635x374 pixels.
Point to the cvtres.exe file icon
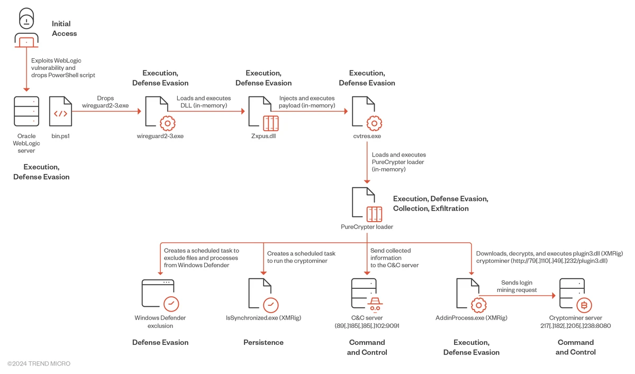[x=367, y=113]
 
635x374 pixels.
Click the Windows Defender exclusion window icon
[x=160, y=295]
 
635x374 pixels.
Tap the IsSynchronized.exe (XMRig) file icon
[x=264, y=295]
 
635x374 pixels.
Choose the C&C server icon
[x=367, y=295]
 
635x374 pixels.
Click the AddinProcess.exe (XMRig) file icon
[x=471, y=295]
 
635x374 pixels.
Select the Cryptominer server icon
[x=575, y=295]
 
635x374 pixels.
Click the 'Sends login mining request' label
[x=516, y=286]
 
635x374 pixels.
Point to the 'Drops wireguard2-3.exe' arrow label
[x=105, y=102]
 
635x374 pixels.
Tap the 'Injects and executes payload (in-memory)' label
[x=307, y=102]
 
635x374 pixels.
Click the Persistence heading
[x=264, y=343]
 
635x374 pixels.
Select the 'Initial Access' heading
[x=64, y=29]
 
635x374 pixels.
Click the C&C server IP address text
[x=367, y=326]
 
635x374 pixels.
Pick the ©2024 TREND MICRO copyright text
[x=39, y=364]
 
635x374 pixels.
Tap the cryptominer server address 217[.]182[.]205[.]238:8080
[x=576, y=326]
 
